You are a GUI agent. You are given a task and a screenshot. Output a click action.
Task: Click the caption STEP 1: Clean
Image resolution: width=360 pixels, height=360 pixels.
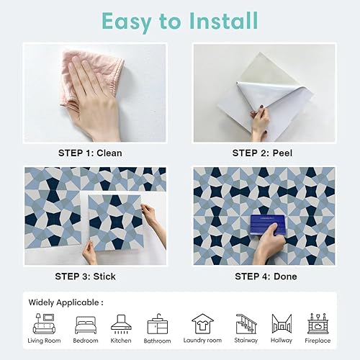(90, 153)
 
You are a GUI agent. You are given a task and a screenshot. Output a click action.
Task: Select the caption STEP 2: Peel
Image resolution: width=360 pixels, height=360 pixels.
(262, 153)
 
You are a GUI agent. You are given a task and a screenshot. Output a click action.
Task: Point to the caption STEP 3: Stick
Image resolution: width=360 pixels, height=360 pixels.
(85, 276)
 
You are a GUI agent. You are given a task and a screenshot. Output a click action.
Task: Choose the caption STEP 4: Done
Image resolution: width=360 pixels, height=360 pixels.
(266, 276)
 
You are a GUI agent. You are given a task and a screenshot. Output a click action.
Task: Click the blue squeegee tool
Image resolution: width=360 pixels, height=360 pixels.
(268, 225)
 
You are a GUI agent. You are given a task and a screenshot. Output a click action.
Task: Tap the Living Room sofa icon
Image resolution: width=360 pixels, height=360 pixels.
(44, 323)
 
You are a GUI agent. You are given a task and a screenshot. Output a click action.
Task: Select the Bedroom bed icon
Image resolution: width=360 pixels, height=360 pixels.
(86, 325)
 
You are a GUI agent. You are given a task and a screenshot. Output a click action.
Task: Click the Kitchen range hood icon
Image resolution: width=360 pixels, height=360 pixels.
(121, 324)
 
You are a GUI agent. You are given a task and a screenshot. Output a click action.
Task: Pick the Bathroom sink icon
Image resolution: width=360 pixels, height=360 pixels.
(158, 324)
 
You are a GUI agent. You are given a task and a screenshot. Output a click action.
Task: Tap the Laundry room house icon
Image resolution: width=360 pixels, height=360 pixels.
(202, 323)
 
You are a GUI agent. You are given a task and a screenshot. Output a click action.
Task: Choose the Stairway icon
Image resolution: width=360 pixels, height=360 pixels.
(246, 324)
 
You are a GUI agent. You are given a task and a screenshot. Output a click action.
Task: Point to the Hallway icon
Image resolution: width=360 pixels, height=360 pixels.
(282, 323)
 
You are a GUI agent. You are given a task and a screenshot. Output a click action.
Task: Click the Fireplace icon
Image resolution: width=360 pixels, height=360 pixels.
(318, 323)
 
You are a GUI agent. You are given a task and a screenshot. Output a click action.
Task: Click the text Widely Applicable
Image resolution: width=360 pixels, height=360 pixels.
(64, 302)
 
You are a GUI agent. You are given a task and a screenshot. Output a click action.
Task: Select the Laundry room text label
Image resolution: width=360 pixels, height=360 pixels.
(202, 341)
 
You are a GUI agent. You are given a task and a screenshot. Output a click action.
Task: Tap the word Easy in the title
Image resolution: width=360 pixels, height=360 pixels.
(127, 22)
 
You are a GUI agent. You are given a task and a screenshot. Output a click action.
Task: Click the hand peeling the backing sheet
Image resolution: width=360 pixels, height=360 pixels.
(260, 124)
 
